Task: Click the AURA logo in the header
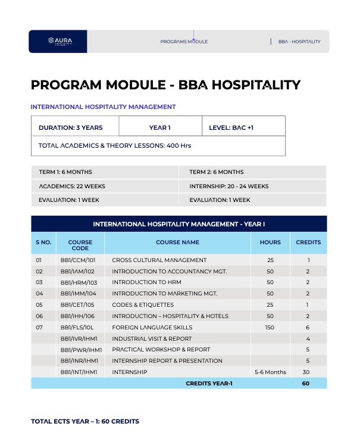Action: tap(60, 41)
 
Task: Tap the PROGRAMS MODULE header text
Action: tap(184, 42)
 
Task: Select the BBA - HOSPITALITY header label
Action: tap(299, 42)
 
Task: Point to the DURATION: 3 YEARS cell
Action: tap(70, 127)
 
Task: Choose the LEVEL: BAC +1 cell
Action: tap(231, 127)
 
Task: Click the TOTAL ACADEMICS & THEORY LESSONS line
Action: tap(114, 145)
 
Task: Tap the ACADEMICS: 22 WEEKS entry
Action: tap(72, 186)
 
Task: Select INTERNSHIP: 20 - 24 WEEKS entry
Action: tap(228, 186)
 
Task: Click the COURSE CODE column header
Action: tap(80, 245)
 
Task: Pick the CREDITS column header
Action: tap(308, 242)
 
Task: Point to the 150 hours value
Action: tap(270, 327)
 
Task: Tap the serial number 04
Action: tap(39, 294)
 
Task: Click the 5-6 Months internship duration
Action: tap(270, 372)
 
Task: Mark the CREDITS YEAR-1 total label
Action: tap(209, 383)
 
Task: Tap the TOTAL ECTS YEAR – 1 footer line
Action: tap(85, 421)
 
